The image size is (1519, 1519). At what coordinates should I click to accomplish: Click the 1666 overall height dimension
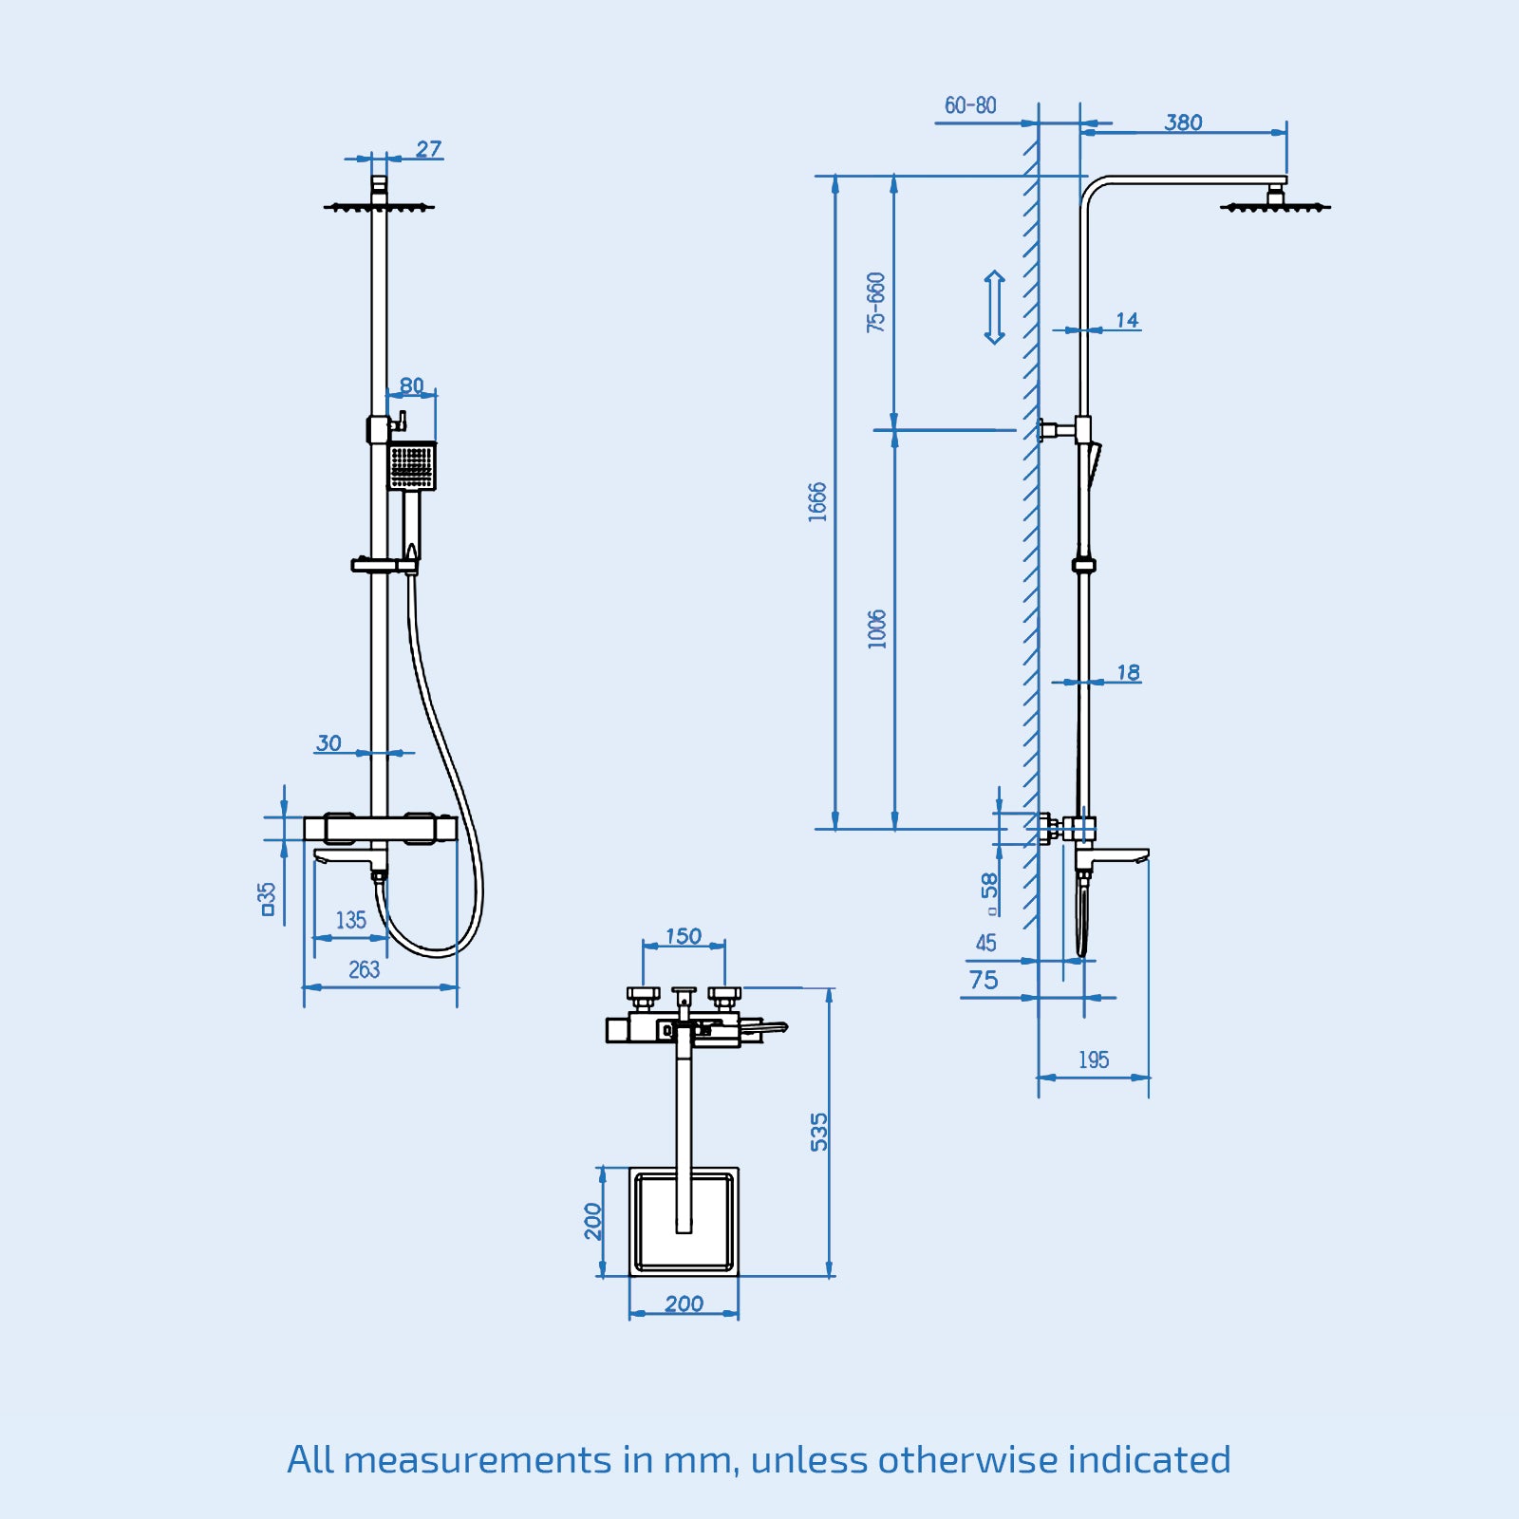coord(817,501)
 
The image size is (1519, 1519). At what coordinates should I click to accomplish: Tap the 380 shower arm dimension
coord(1183,122)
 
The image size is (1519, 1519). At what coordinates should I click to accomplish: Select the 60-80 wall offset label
coord(969,105)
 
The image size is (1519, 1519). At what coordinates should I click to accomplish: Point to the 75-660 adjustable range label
coord(875,302)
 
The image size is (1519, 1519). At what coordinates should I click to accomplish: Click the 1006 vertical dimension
coord(876,628)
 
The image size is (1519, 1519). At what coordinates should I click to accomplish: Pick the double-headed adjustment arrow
coord(994,307)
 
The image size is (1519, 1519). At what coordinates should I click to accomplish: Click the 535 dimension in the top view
coord(818,1132)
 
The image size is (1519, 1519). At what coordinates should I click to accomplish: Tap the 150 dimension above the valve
coord(683,936)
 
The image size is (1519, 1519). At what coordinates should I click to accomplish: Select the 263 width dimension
coord(364,969)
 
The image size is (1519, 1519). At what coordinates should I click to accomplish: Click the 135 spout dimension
coord(350,920)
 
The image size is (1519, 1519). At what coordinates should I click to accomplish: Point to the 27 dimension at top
coord(428,149)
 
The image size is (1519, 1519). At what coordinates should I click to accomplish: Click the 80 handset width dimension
coord(411,385)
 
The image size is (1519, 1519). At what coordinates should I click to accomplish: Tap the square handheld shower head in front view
coord(412,466)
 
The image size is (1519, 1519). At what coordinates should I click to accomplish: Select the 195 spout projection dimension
coord(1093,1060)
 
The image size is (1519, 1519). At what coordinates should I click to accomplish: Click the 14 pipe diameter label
coord(1127,320)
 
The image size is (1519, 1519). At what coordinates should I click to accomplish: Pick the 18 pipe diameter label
coord(1127,672)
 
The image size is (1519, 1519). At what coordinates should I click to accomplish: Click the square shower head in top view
coord(684,1222)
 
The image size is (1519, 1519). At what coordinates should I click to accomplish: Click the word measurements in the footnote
coord(478,1459)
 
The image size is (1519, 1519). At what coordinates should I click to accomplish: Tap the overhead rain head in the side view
coord(1275,205)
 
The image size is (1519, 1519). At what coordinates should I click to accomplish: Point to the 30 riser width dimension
coord(328,742)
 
